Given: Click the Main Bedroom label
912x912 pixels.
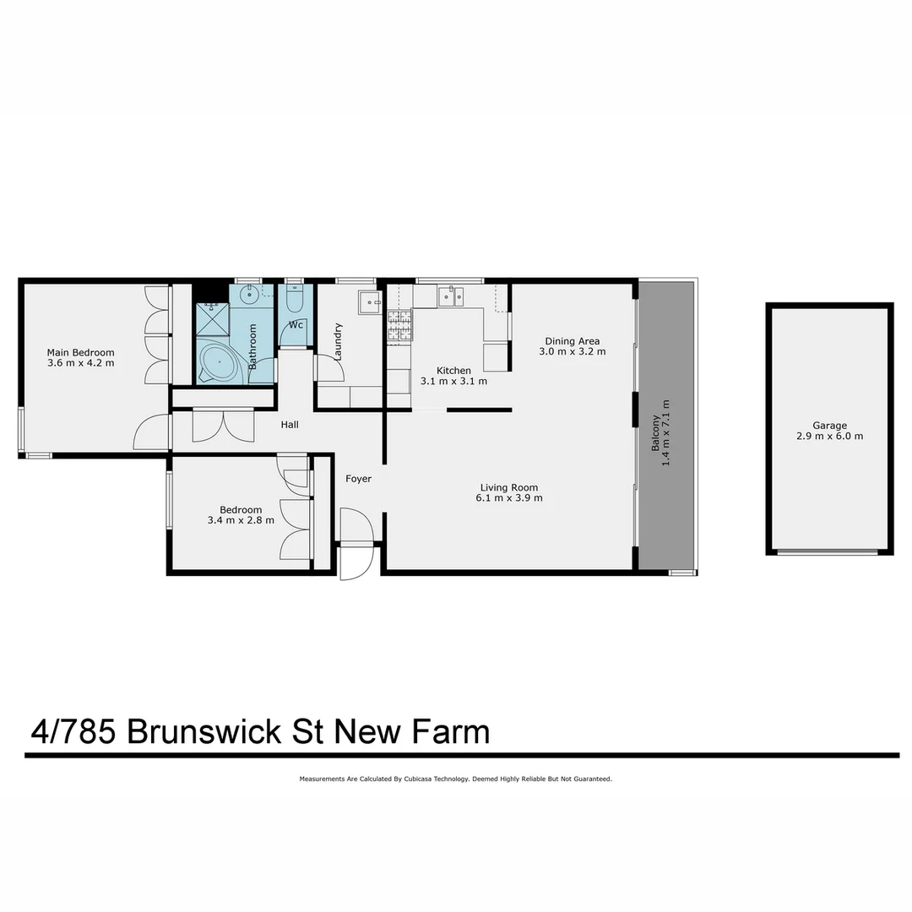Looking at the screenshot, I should click(80, 353).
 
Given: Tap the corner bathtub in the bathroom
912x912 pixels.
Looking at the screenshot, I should click(220, 363).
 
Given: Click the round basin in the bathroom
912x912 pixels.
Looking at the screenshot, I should click(249, 295).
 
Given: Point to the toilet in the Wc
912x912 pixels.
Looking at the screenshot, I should click(294, 300).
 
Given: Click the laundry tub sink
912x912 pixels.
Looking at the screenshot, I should click(369, 302).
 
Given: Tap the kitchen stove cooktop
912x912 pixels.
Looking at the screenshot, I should click(399, 326).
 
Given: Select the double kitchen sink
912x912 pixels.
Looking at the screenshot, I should click(450, 296).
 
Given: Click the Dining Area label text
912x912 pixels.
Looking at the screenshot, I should click(572, 341).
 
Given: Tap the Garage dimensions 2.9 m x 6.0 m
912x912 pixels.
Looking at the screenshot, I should click(829, 437).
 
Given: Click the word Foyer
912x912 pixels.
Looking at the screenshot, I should click(358, 479).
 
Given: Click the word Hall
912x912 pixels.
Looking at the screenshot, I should click(290, 425).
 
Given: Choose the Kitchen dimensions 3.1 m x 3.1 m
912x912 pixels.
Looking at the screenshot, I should click(453, 382).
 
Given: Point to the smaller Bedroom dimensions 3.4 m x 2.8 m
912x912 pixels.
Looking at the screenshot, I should click(241, 521).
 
